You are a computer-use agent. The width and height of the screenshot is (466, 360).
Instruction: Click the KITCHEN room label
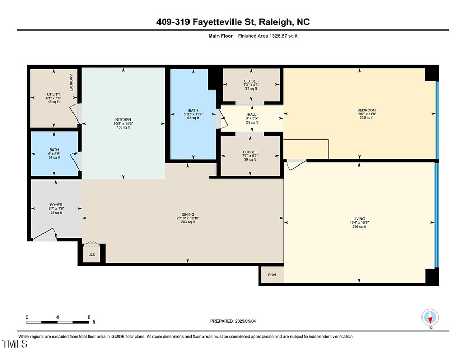coord(123,119)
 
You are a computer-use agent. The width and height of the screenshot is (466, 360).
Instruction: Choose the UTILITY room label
coord(53,94)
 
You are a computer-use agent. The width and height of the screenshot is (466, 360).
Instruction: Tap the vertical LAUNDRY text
coord(71,83)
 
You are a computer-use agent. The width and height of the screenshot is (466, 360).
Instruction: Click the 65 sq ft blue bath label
coord(193,110)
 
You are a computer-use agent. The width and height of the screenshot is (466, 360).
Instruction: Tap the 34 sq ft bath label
coord(54,150)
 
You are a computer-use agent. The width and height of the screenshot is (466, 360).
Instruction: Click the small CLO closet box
coord(92,254)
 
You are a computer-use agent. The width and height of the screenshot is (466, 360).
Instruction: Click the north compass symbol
coord(430,317)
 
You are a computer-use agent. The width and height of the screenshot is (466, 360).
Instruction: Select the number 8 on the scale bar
coord(89,317)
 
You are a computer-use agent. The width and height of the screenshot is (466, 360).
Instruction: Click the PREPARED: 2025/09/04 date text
coord(233,321)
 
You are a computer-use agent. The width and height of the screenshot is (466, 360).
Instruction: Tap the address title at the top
coord(233,22)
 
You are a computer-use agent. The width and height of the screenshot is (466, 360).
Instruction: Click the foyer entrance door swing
coord(46,236)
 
